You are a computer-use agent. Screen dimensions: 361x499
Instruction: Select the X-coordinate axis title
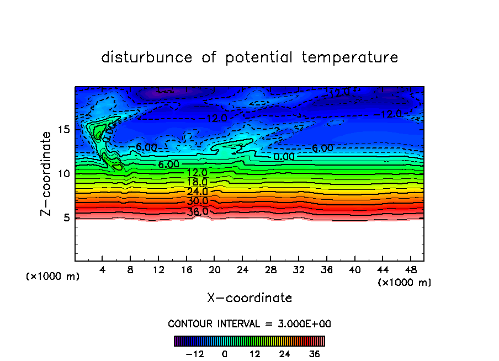click(x=250, y=298)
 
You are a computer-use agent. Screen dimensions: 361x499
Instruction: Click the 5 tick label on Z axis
click(x=66, y=217)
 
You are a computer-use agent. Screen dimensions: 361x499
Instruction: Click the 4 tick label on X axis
click(x=103, y=270)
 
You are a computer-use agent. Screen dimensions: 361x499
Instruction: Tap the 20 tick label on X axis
click(x=215, y=270)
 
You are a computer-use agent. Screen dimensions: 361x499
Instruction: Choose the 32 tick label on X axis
click(x=299, y=270)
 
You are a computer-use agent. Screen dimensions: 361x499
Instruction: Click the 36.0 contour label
click(x=198, y=211)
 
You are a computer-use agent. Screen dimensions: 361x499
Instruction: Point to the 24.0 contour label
click(x=198, y=192)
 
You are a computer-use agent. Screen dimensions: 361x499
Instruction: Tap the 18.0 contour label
click(x=197, y=182)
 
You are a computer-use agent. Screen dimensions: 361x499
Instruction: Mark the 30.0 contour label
click(x=198, y=201)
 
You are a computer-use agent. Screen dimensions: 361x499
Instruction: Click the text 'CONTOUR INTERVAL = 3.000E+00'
click(x=250, y=323)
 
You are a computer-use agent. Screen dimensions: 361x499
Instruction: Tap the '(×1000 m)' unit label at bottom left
click(x=53, y=277)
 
